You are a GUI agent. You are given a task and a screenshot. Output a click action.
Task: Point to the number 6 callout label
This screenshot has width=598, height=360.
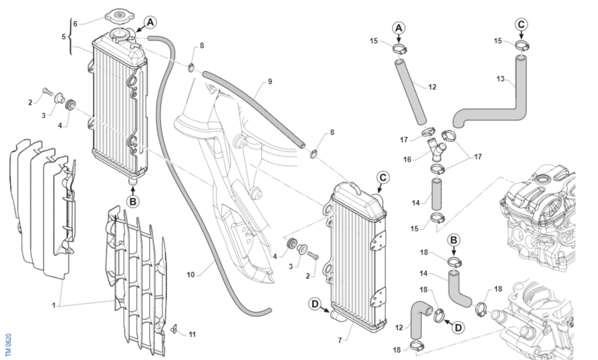point(75,23)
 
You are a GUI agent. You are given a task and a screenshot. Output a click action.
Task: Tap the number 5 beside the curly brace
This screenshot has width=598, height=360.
point(63,36)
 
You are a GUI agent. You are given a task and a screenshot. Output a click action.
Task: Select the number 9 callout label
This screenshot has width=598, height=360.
point(270,81)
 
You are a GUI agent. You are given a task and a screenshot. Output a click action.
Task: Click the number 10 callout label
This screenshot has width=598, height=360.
point(190,274)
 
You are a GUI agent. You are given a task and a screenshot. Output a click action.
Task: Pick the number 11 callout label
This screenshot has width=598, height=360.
point(192,334)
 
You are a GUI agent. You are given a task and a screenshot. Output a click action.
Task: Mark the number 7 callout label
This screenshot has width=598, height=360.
point(340,341)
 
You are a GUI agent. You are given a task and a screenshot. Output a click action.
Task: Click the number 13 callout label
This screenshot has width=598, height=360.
point(500,79)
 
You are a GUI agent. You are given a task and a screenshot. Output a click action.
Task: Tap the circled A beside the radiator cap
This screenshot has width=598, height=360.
point(151,22)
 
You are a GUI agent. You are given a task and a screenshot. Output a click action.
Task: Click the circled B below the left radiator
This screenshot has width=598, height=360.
point(133,202)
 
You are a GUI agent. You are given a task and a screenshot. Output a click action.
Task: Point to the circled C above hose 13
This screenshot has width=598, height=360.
point(521,23)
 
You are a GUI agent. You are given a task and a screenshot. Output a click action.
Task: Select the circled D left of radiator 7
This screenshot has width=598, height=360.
point(315,304)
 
